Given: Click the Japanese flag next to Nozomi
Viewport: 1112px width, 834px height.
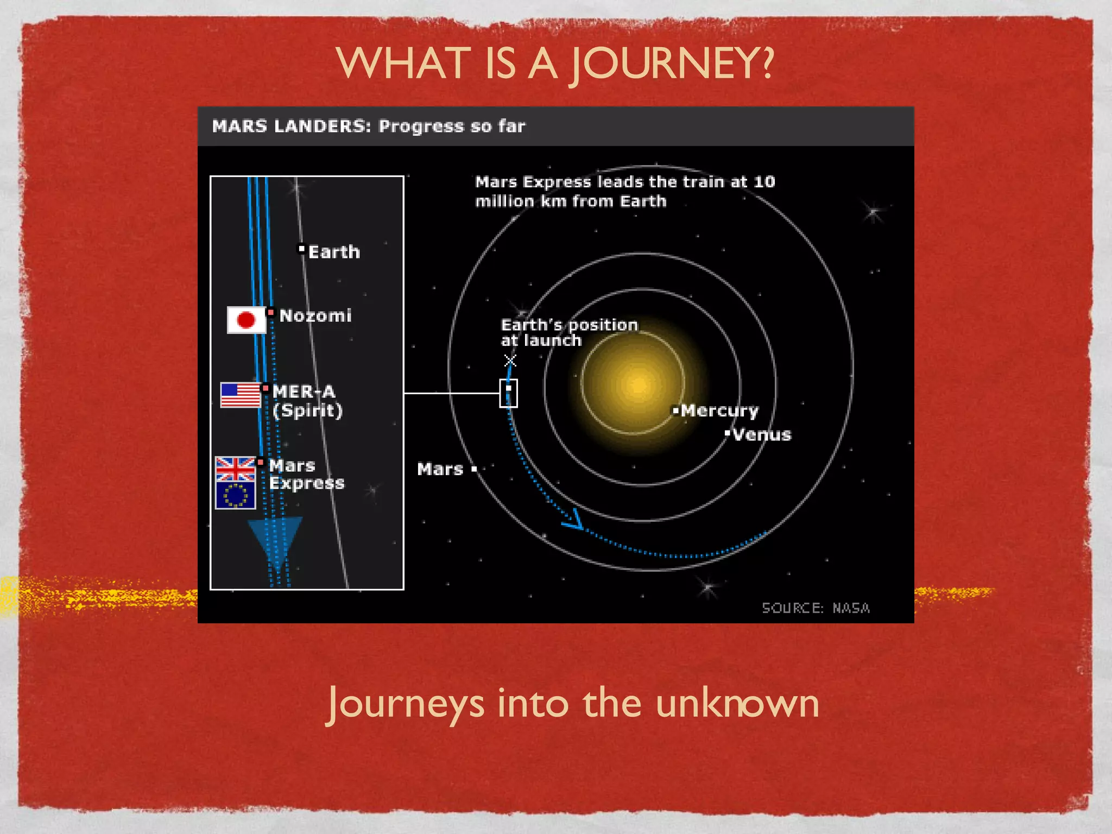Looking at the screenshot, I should point(246,320).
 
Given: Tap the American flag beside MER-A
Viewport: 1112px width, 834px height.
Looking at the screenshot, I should point(241,395).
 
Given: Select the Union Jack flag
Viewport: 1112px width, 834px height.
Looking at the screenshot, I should point(235,469).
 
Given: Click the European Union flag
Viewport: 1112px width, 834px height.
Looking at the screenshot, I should point(235,495).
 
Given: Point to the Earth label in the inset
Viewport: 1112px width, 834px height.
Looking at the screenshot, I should point(333,252).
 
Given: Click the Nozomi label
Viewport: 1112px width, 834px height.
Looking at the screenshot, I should point(315,315).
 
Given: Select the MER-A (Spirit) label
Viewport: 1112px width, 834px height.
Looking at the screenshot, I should point(307,401).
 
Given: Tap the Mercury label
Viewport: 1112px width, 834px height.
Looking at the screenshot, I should point(719,410).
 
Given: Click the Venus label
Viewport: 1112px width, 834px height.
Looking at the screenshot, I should point(761,435).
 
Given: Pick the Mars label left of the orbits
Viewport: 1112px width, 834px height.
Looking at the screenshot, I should point(440,469).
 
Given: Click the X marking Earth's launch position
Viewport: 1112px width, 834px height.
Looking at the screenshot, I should point(510,361).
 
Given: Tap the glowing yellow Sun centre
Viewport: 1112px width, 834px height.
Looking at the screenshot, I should point(639,384).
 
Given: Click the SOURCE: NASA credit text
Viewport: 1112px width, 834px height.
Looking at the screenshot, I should point(816,608).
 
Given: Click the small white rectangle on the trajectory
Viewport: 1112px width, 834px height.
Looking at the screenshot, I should point(508,393).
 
